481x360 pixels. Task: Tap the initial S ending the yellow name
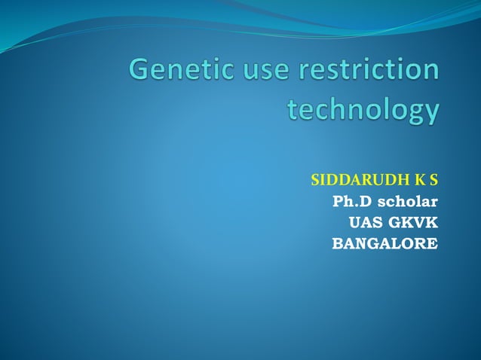[434, 181]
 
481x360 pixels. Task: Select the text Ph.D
[351, 202]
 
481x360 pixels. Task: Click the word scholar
[407, 202]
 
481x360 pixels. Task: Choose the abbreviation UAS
[365, 223]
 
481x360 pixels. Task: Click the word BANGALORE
[384, 244]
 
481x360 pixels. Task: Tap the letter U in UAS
[354, 223]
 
